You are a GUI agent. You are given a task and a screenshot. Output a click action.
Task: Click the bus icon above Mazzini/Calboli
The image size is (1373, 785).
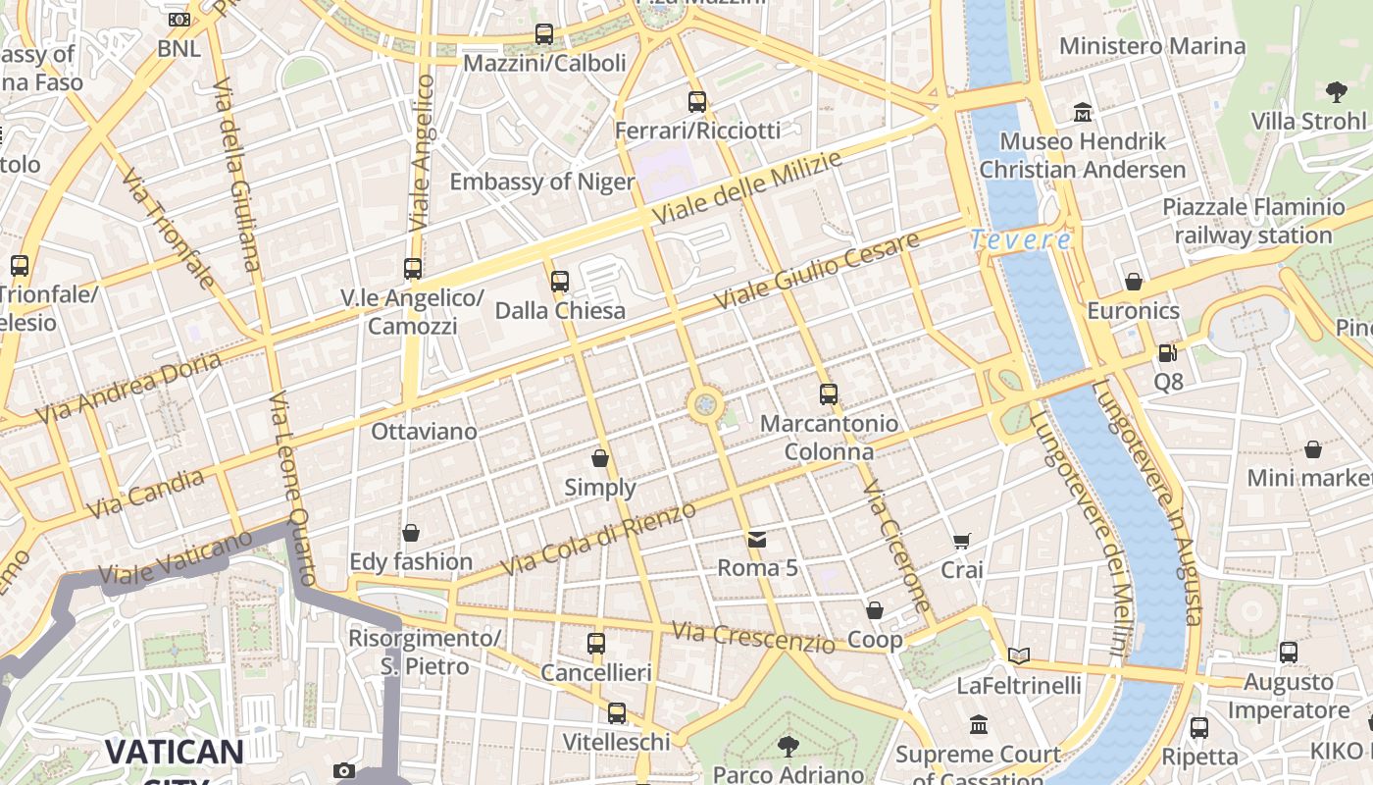[x=544, y=34]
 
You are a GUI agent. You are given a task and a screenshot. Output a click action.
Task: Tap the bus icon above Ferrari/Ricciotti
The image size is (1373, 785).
[x=697, y=102]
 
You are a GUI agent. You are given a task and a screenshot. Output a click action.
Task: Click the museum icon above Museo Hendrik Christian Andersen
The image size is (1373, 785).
[x=1083, y=112]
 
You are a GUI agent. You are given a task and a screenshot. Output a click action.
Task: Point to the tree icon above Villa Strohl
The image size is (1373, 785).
[x=1336, y=93]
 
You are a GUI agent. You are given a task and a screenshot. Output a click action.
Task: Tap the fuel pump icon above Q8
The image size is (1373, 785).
[x=1167, y=353]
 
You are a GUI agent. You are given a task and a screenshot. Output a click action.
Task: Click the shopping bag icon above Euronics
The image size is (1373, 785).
[x=1134, y=283]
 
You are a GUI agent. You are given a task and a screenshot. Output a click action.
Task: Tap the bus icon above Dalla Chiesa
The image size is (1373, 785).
[x=560, y=282]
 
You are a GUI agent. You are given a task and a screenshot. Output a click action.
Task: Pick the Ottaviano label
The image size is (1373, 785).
[x=424, y=432]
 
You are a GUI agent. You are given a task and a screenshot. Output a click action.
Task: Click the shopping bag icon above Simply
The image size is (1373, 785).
[x=600, y=458]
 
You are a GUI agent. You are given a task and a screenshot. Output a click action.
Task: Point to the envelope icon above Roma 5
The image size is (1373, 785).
[x=757, y=539]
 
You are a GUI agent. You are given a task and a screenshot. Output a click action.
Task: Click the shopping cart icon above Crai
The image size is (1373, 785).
[x=962, y=542]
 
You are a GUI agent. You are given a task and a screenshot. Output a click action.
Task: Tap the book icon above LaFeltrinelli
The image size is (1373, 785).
[x=1019, y=655]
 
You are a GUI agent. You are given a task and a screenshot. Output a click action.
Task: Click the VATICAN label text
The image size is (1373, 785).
[x=174, y=753]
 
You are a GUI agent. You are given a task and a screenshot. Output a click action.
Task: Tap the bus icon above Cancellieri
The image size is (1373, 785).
[x=596, y=644]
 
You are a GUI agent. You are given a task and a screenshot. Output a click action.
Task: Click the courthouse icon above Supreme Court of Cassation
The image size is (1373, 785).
[x=978, y=725]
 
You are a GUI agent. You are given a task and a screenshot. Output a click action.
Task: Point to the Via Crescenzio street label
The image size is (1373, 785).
[x=752, y=636]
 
